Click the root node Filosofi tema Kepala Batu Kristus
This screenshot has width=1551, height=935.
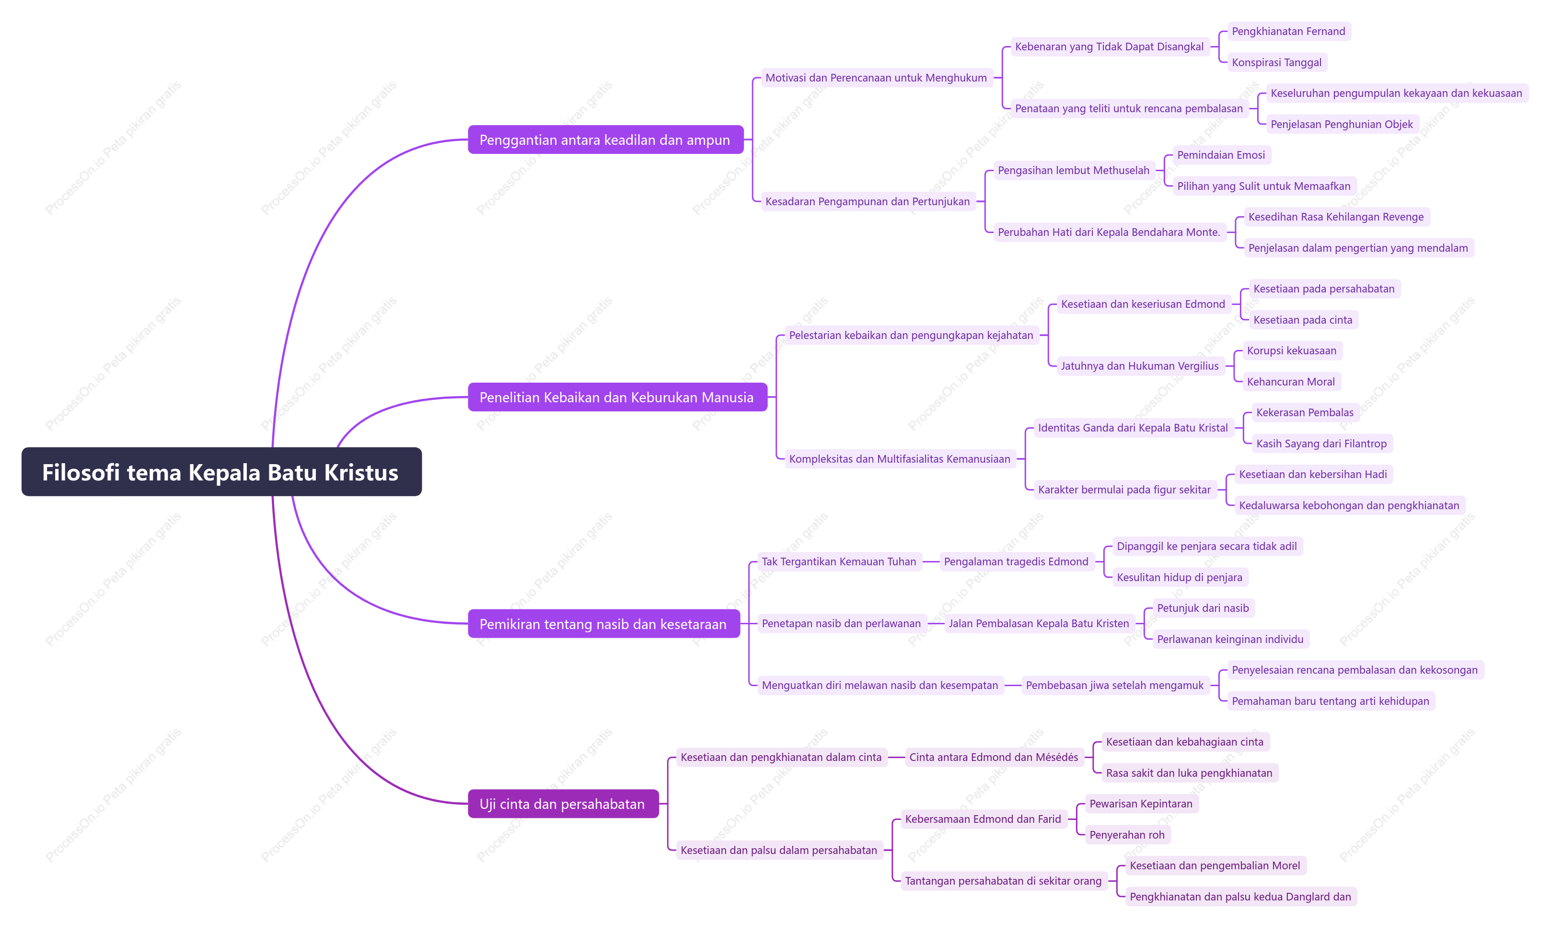click(x=221, y=472)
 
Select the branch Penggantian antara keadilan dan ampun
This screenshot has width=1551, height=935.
click(x=605, y=140)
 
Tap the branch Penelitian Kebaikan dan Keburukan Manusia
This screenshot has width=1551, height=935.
click(x=617, y=397)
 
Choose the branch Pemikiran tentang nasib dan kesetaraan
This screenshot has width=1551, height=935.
click(x=603, y=623)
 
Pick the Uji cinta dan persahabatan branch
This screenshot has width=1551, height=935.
click(x=563, y=804)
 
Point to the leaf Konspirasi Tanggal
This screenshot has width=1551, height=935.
click(x=1276, y=62)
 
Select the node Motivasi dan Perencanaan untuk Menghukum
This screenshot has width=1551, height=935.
click(x=876, y=78)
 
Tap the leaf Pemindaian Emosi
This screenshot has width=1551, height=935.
click(x=1221, y=155)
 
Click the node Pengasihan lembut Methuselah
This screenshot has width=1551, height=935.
click(x=1073, y=170)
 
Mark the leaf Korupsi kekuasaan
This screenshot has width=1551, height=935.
click(x=1291, y=350)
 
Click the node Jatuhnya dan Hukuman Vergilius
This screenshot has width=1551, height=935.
click(x=1139, y=366)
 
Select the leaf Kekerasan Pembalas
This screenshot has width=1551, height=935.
click(x=1304, y=412)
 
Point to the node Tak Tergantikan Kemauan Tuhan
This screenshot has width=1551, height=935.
click(x=839, y=561)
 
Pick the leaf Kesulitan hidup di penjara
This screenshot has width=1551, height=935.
click(x=1179, y=577)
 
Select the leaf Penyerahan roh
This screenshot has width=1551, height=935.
click(x=1127, y=834)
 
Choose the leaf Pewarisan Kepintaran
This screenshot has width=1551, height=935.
click(x=1141, y=804)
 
